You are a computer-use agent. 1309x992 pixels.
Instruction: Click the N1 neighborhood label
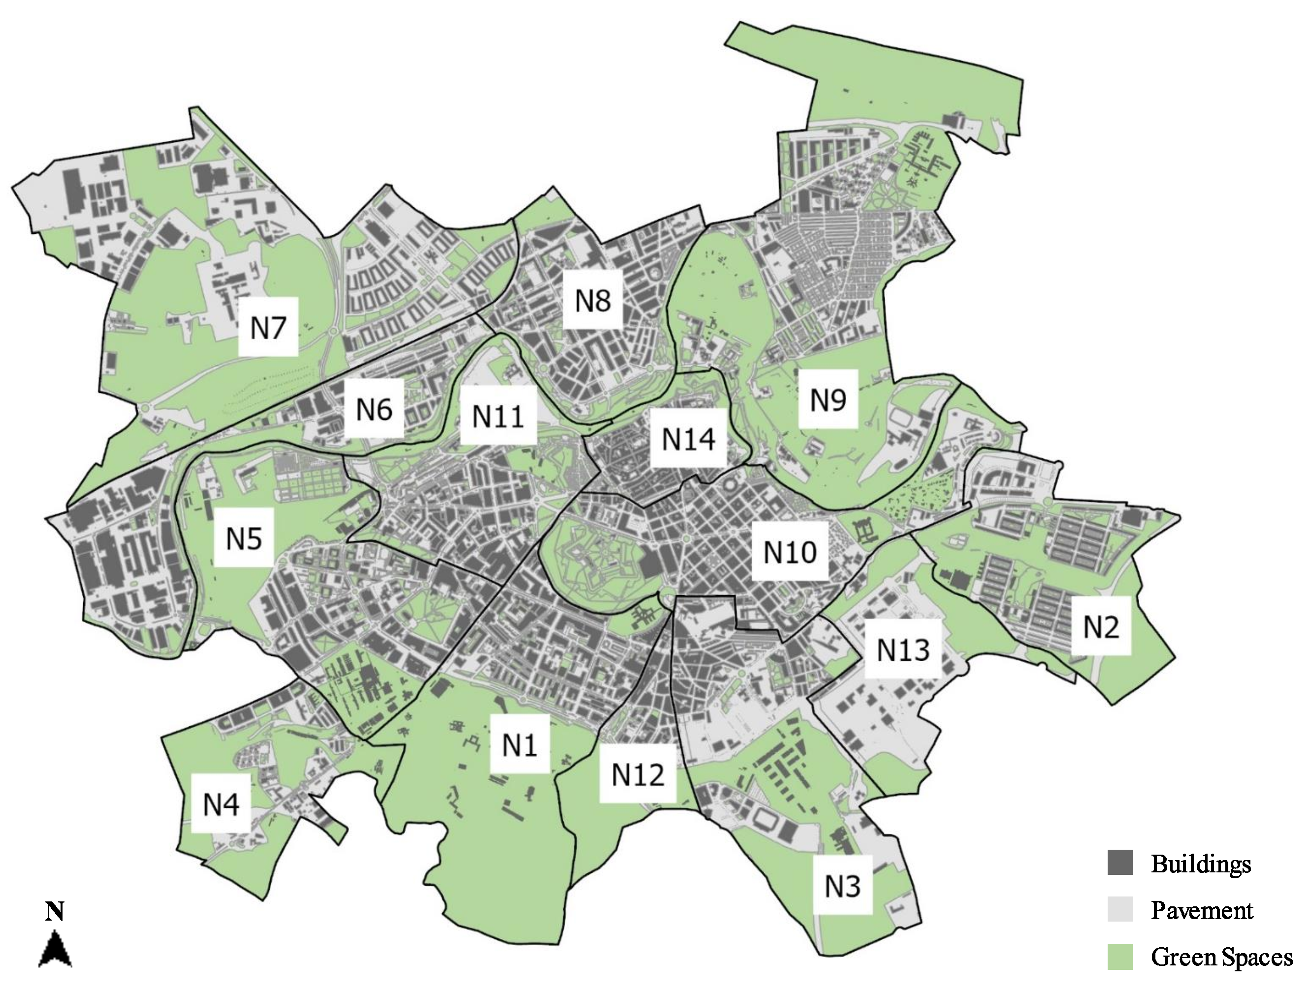click(519, 744)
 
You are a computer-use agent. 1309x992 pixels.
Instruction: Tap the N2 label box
click(1101, 626)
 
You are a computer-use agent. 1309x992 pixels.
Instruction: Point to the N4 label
click(221, 804)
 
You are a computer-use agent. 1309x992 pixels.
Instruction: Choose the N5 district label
click(243, 538)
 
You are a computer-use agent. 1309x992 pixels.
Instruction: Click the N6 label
click(374, 409)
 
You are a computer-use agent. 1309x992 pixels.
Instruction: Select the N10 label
click(790, 552)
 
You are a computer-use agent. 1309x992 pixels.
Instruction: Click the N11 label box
click(498, 416)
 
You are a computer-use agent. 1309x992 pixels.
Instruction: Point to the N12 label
click(638, 773)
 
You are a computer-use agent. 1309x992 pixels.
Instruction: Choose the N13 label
click(902, 649)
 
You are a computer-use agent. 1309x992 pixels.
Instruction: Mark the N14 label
click(688, 438)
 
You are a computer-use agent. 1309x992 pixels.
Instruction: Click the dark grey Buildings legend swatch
click(1119, 863)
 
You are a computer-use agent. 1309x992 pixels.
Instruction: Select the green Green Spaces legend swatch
click(1119, 957)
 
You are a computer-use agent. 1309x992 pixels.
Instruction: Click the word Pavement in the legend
click(1201, 910)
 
